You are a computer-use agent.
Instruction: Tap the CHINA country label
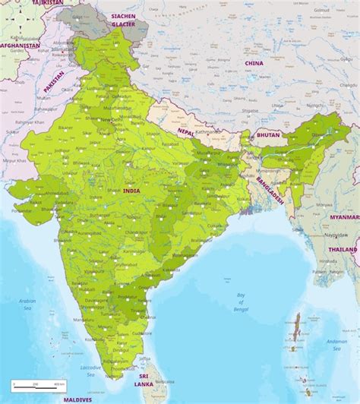point(254,63)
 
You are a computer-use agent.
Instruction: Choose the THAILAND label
point(343,249)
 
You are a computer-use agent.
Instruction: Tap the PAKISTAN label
point(55,77)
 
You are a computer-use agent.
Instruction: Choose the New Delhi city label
point(111,119)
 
